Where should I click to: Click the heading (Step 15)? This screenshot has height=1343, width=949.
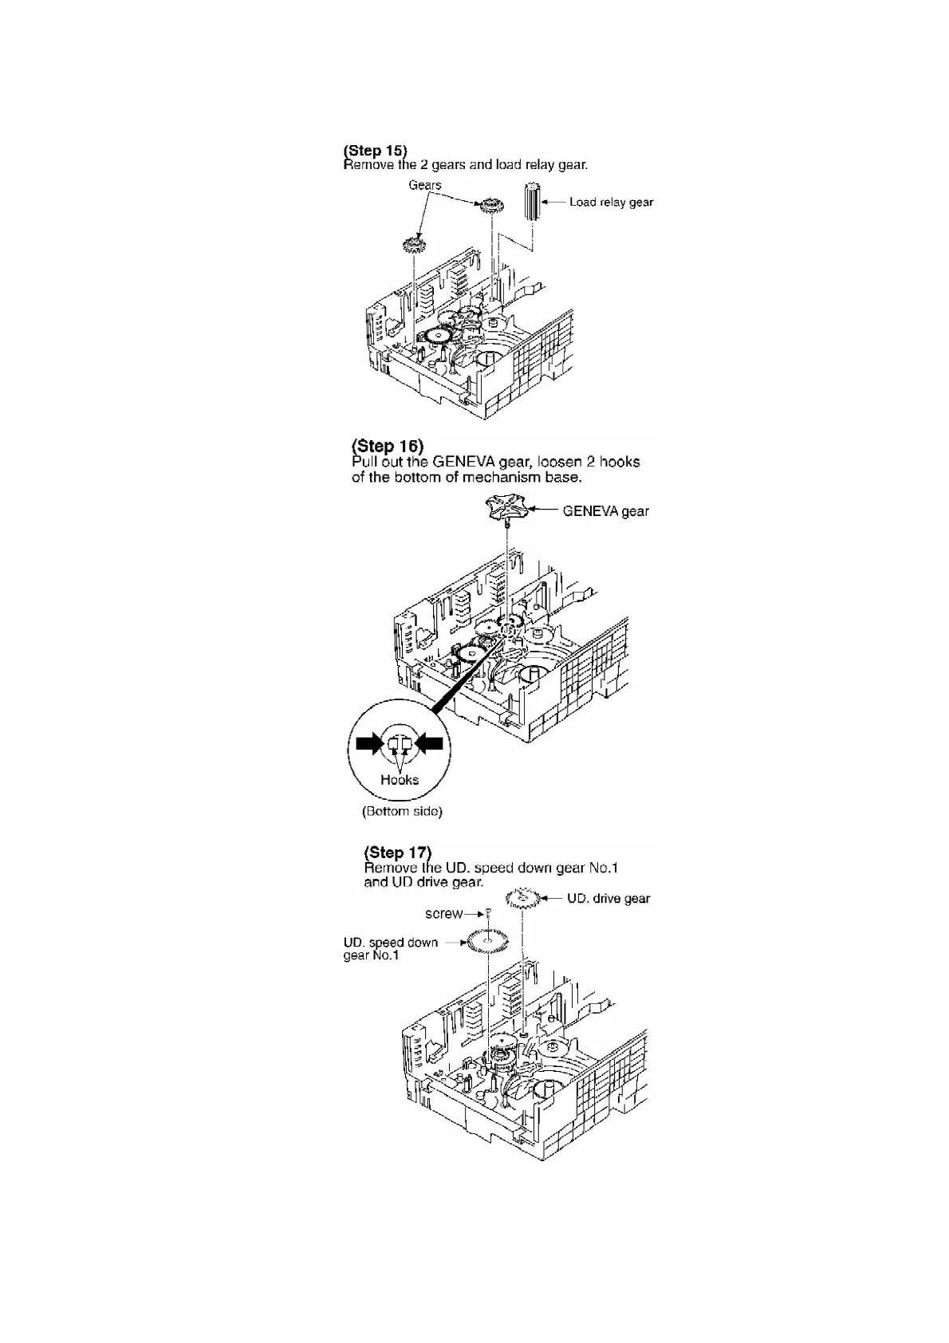point(375,150)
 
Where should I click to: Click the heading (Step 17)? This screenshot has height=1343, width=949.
point(397,852)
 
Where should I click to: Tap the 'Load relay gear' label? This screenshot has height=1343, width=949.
point(611,202)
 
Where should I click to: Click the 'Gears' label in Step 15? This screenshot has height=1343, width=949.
point(425,185)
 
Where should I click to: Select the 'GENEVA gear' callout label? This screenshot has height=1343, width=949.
point(605,511)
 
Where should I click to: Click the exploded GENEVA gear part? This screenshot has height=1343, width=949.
point(507,509)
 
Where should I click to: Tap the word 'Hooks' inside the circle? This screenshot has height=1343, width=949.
point(400,780)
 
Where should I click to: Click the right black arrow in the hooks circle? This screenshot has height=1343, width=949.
point(431,744)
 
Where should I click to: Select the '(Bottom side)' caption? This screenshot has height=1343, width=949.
point(402,812)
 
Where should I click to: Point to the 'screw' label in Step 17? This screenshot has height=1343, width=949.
point(443,914)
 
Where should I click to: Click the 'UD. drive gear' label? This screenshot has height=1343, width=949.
point(608,899)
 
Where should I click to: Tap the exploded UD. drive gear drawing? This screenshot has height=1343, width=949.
point(529,901)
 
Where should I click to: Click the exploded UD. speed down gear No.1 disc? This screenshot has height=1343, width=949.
point(488,942)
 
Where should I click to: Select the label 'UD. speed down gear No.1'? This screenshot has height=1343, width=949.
point(390,948)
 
